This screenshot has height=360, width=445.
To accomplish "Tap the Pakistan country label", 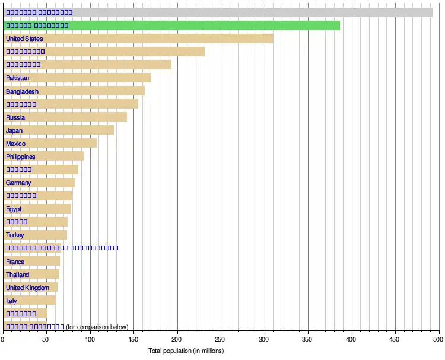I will [x=17, y=78].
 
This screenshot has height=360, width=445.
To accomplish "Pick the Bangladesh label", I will [x=22, y=91].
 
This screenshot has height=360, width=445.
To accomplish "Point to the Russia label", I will [x=15, y=117].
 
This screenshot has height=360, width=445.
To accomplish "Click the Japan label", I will [x=14, y=130].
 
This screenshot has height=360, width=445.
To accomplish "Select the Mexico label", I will [x=15, y=144].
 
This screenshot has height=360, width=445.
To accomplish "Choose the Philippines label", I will [x=21, y=157].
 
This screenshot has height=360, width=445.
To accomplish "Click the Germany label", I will [x=18, y=183].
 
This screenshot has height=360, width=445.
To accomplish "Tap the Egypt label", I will [x=14, y=209].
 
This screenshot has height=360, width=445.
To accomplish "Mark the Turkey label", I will [x=15, y=235].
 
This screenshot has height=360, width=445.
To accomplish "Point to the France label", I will [x=15, y=262].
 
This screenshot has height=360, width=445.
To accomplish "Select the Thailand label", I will [x=17, y=275].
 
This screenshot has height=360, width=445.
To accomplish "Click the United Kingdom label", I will [x=23, y=288].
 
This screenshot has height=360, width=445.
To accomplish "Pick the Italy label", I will [x=11, y=301].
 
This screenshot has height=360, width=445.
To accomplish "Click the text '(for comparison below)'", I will [x=97, y=327].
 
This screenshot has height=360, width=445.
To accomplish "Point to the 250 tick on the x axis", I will [x=221, y=340].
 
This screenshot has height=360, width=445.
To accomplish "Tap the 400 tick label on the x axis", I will [x=351, y=340].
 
